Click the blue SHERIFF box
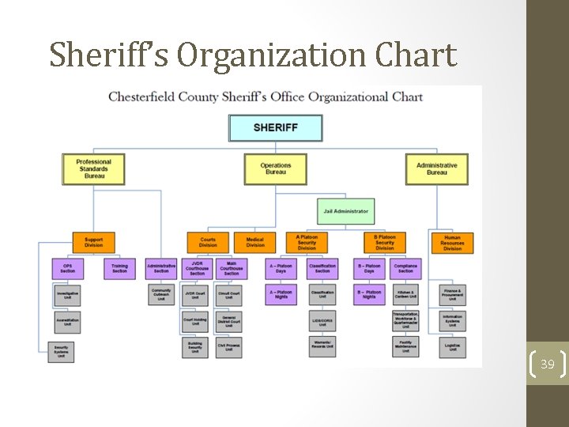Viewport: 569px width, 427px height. [x=275, y=128]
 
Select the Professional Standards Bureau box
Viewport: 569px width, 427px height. [x=94, y=168]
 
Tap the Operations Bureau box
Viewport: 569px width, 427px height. [x=275, y=168]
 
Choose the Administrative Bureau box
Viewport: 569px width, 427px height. [x=436, y=168]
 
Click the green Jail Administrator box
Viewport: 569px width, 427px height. [x=345, y=211]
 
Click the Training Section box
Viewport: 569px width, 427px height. [x=119, y=269]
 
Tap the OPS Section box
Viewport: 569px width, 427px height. [x=68, y=269]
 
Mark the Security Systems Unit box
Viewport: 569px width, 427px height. [x=61, y=351]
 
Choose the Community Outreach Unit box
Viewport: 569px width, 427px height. [x=161, y=294]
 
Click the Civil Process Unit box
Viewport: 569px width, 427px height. [x=228, y=346]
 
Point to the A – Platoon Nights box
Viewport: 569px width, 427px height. [x=281, y=294]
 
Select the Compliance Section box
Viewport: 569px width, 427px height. [x=405, y=269]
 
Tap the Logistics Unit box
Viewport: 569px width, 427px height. [x=452, y=346]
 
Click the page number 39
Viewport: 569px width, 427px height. [x=548, y=364]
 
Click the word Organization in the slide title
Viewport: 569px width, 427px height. [x=273, y=55]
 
